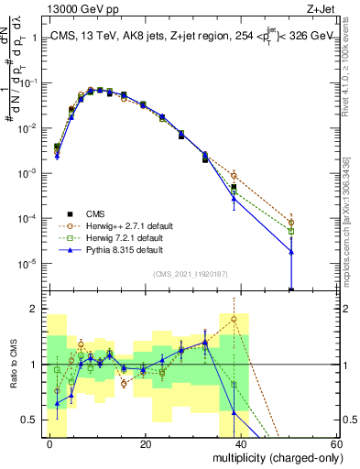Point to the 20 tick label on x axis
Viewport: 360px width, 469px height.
[x=146, y=444]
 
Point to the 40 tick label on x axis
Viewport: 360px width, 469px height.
[x=242, y=444]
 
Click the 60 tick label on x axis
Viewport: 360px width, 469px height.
[x=335, y=444]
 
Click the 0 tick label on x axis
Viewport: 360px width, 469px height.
[x=50, y=444]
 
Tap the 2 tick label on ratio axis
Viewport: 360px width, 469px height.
[x=34, y=309]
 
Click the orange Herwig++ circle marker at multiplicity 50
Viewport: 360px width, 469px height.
[x=291, y=223]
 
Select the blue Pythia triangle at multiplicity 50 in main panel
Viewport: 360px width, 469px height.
[x=291, y=251]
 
